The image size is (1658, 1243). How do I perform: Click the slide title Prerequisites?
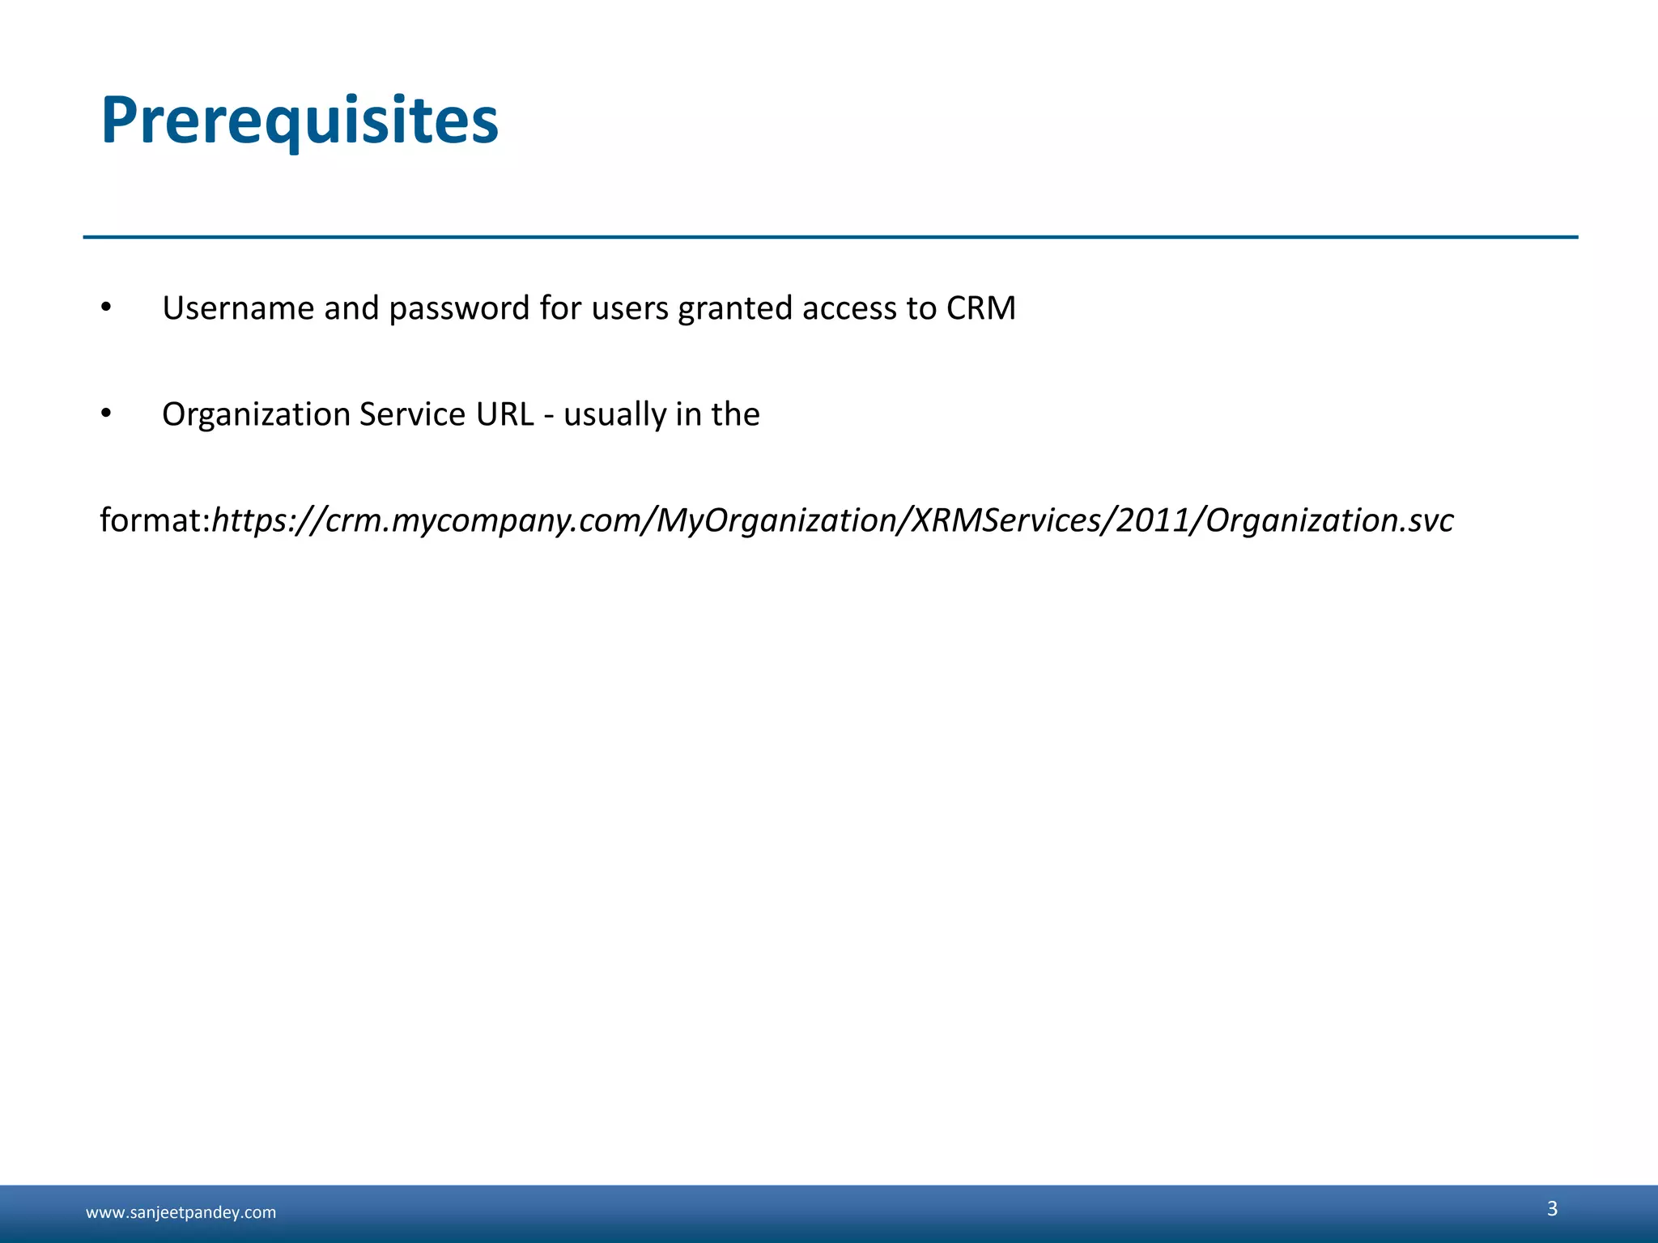pyautogui.click(x=300, y=121)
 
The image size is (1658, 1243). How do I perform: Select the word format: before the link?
pyautogui.click(x=155, y=520)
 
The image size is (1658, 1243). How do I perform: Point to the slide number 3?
pyautogui.click(x=1552, y=1208)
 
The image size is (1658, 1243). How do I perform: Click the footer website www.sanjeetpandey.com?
pyautogui.click(x=181, y=1212)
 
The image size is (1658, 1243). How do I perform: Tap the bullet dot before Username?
pyautogui.click(x=106, y=308)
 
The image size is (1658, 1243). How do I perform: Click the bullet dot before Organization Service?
pyautogui.click(x=106, y=414)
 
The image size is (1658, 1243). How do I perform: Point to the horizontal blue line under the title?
pyautogui.click(x=830, y=237)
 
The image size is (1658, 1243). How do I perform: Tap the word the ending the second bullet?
pyautogui.click(x=735, y=414)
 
